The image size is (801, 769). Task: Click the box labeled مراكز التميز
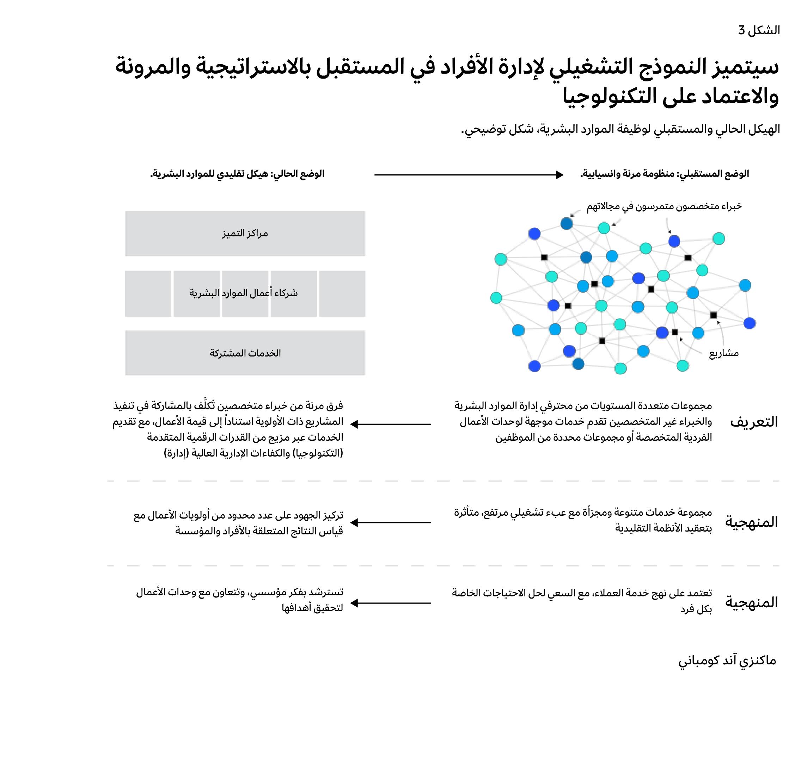pos(245,234)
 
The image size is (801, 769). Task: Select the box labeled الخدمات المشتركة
pos(245,353)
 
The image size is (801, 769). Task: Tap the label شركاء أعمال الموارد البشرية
pos(244,293)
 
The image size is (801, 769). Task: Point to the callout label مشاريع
pos(724,353)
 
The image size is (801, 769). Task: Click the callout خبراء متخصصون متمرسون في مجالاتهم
pos(664,206)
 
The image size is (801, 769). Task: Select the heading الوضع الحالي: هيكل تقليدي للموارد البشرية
pos(237,174)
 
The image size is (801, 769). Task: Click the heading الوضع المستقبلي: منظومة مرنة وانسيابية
pos(665,174)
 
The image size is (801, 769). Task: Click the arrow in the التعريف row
pos(391,424)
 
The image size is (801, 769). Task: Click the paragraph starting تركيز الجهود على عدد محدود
pos(239,523)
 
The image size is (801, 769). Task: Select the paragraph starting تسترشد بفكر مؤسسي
pos(240,600)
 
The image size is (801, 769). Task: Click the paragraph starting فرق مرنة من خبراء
pos(228,429)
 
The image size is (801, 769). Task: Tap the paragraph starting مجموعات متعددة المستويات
pos(583,421)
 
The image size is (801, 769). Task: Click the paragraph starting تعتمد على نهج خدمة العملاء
pos(582,600)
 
